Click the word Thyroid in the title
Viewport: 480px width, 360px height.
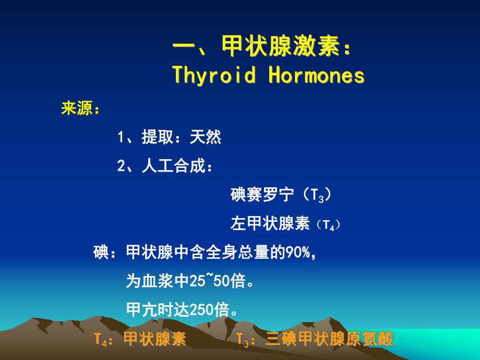pyautogui.click(x=214, y=76)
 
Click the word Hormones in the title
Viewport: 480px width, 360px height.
pyautogui.click(x=316, y=76)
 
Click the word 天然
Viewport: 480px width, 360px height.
pyautogui.click(x=206, y=138)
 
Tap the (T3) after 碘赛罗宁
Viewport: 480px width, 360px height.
pyautogui.click(x=317, y=196)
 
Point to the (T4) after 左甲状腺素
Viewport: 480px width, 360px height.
pyautogui.click(x=328, y=225)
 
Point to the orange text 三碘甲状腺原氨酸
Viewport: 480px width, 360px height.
pyautogui.click(x=329, y=339)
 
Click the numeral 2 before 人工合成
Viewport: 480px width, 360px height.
pyautogui.click(x=121, y=167)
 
